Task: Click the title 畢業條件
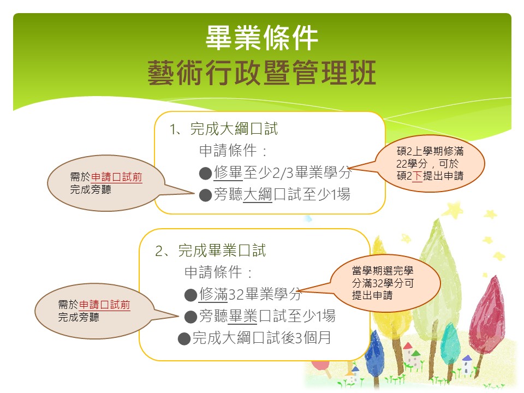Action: pos(261,38)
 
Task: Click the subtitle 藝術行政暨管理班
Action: pos(261,73)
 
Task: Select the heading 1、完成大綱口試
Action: pos(224,129)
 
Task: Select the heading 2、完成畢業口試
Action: pos(211,251)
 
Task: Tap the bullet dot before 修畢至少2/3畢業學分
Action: pos(205,174)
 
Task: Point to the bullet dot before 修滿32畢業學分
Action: pos(190,295)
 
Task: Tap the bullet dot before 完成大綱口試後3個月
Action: pos(184,338)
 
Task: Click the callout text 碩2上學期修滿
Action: pos(430,151)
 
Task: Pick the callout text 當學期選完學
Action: pos(383,271)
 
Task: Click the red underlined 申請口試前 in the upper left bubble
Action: pos(117,177)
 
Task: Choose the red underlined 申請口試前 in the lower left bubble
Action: pos(105,305)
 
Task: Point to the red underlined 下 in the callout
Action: pos(417,176)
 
